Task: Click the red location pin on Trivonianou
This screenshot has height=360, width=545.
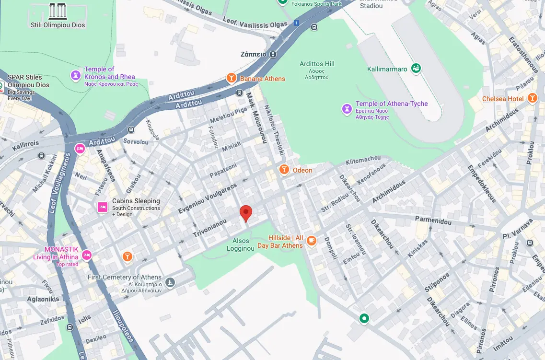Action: [246, 212]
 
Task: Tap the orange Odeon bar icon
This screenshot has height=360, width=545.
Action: [284, 170]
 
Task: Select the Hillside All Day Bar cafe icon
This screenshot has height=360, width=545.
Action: [312, 241]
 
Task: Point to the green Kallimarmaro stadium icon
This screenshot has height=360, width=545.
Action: [416, 69]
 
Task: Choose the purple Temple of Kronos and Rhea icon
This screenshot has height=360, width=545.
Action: [75, 75]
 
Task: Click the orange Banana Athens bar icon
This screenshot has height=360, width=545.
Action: [232, 78]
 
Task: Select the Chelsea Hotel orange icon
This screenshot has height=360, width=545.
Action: [532, 98]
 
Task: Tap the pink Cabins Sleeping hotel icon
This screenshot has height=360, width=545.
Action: [102, 207]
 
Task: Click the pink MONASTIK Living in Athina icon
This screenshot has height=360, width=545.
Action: [87, 255]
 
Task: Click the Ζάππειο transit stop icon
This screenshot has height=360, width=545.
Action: [273, 54]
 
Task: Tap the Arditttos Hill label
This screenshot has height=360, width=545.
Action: [317, 64]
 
